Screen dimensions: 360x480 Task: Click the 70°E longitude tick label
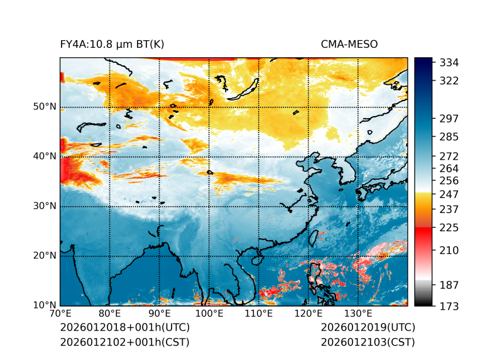[60, 314]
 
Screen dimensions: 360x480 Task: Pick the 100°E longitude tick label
[209, 314]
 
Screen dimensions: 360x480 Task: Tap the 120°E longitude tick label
[308, 314]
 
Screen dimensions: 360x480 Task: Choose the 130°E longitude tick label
[357, 314]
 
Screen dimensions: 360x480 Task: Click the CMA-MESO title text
[349, 44]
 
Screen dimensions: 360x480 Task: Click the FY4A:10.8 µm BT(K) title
[112, 44]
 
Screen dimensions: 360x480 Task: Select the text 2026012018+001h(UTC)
[124, 327]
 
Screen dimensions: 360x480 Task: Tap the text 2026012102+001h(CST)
[124, 342]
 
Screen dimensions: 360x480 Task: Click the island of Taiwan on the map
[314, 237]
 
